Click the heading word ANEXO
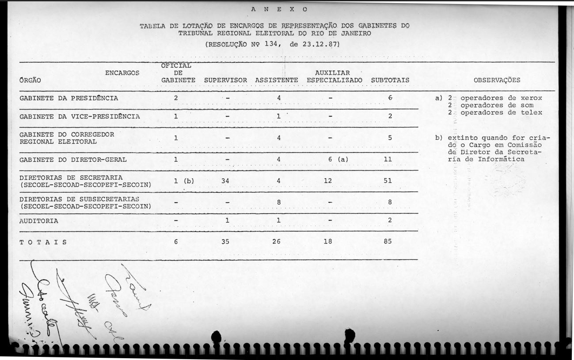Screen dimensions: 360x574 279,9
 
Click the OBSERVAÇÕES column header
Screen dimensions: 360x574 497,80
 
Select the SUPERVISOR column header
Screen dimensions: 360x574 225,80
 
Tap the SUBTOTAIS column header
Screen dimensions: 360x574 390,80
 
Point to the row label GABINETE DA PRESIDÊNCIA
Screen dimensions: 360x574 69,98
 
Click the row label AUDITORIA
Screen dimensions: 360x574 39,221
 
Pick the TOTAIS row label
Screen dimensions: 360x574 43,242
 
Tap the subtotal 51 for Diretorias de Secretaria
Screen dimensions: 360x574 388,181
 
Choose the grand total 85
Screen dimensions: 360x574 388,242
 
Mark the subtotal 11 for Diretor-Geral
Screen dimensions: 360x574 388,159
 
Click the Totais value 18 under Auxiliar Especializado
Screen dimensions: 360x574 327,242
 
